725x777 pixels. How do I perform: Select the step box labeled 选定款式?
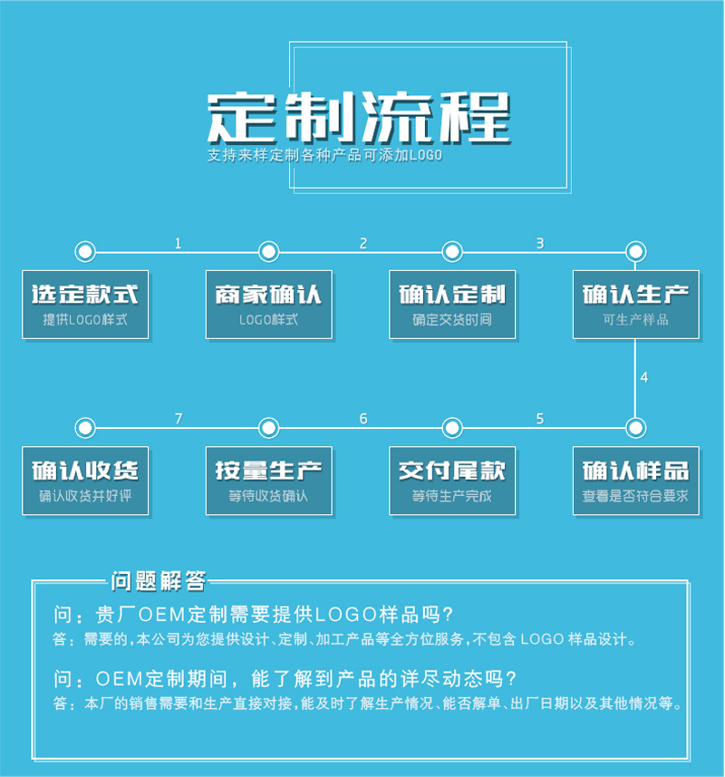point(85,305)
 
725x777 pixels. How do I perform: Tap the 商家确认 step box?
point(269,305)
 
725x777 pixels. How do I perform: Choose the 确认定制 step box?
point(452,305)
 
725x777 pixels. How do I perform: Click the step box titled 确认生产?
point(636,305)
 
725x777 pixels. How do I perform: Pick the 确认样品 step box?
point(636,481)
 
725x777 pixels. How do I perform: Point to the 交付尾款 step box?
point(452,481)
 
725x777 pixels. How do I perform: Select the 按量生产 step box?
point(269,481)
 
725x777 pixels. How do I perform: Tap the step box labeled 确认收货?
point(85,481)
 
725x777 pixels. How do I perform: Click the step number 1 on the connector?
point(178,243)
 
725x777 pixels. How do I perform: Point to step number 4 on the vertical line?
point(644,377)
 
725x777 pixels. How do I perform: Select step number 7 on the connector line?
point(179,419)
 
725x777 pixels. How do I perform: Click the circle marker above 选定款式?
point(85,251)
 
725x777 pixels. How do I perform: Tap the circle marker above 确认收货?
point(85,427)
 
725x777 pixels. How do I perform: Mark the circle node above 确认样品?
point(636,427)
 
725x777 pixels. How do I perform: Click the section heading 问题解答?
point(159,580)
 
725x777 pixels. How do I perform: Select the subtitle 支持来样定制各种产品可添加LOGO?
point(324,156)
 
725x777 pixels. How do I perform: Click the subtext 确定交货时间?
point(452,320)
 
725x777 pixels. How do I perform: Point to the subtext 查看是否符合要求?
point(636,497)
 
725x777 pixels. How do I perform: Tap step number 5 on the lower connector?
point(540,419)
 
